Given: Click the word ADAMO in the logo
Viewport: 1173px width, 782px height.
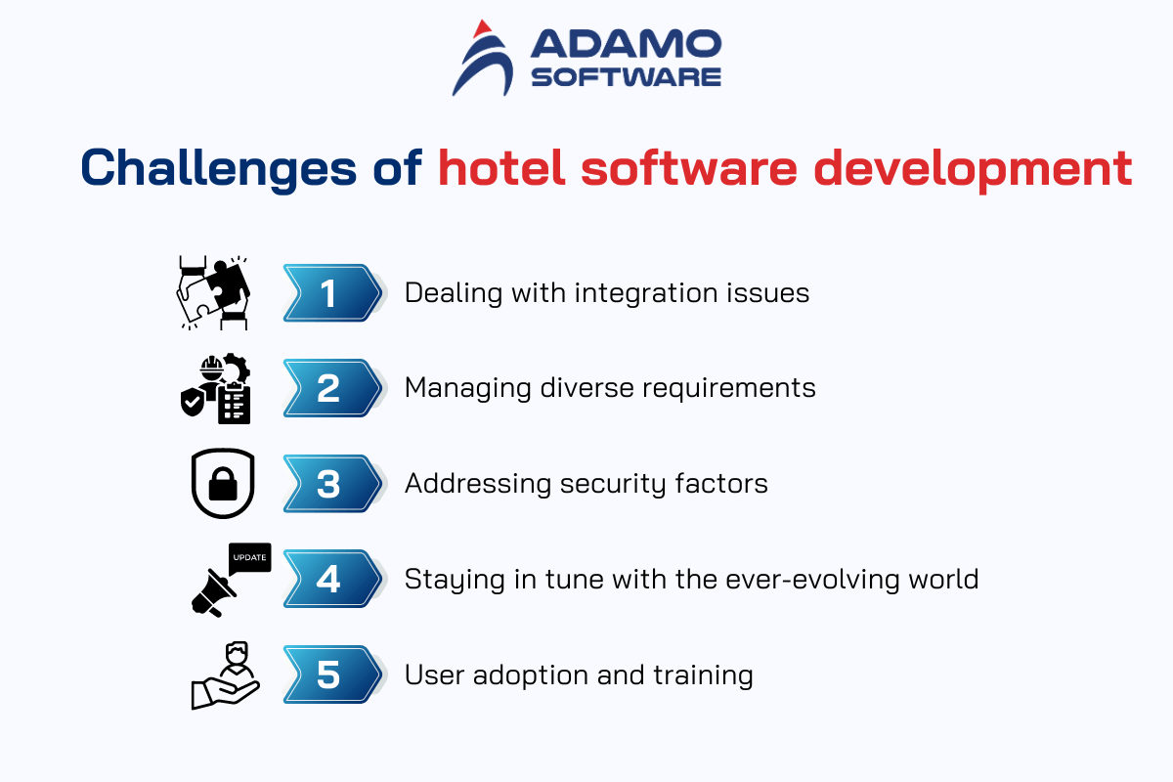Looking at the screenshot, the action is coord(627,43).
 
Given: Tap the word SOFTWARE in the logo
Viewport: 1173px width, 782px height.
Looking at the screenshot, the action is coord(627,77).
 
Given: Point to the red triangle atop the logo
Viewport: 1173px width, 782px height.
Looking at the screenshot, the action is coord(482,28).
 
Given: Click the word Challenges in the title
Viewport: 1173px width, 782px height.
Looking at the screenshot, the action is coord(218,168).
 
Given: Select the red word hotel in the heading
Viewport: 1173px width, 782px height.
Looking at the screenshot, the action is coord(501,167).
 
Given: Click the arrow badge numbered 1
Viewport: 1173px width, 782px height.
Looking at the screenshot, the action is coord(333,293).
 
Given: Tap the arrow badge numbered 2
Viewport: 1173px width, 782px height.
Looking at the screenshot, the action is coord(333,388).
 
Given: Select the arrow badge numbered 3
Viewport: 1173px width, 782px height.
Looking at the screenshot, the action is coord(333,484).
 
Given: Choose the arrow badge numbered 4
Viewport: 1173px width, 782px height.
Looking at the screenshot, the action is coord(333,579).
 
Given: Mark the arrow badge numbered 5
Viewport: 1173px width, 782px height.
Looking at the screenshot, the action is coord(333,674).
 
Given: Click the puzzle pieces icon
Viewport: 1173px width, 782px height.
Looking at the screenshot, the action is coord(213,293).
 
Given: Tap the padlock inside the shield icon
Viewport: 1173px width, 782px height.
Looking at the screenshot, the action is coord(223,484).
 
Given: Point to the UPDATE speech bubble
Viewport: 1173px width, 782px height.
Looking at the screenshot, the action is coord(250,558).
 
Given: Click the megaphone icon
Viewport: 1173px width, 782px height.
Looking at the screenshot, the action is coord(213,593).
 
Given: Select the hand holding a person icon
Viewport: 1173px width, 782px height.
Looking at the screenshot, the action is coord(225,675).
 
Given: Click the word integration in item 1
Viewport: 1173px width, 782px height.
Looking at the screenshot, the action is coord(646,294).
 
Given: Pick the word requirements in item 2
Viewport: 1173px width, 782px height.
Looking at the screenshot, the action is coord(729,389).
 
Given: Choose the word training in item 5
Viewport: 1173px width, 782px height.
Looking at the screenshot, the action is coord(703,675).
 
